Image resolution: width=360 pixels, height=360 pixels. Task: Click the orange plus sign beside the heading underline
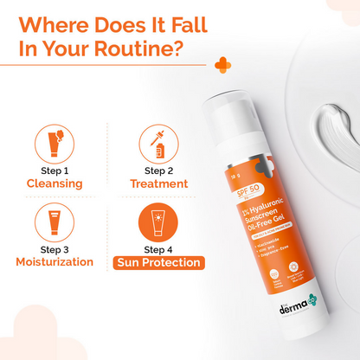point(223,66)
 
